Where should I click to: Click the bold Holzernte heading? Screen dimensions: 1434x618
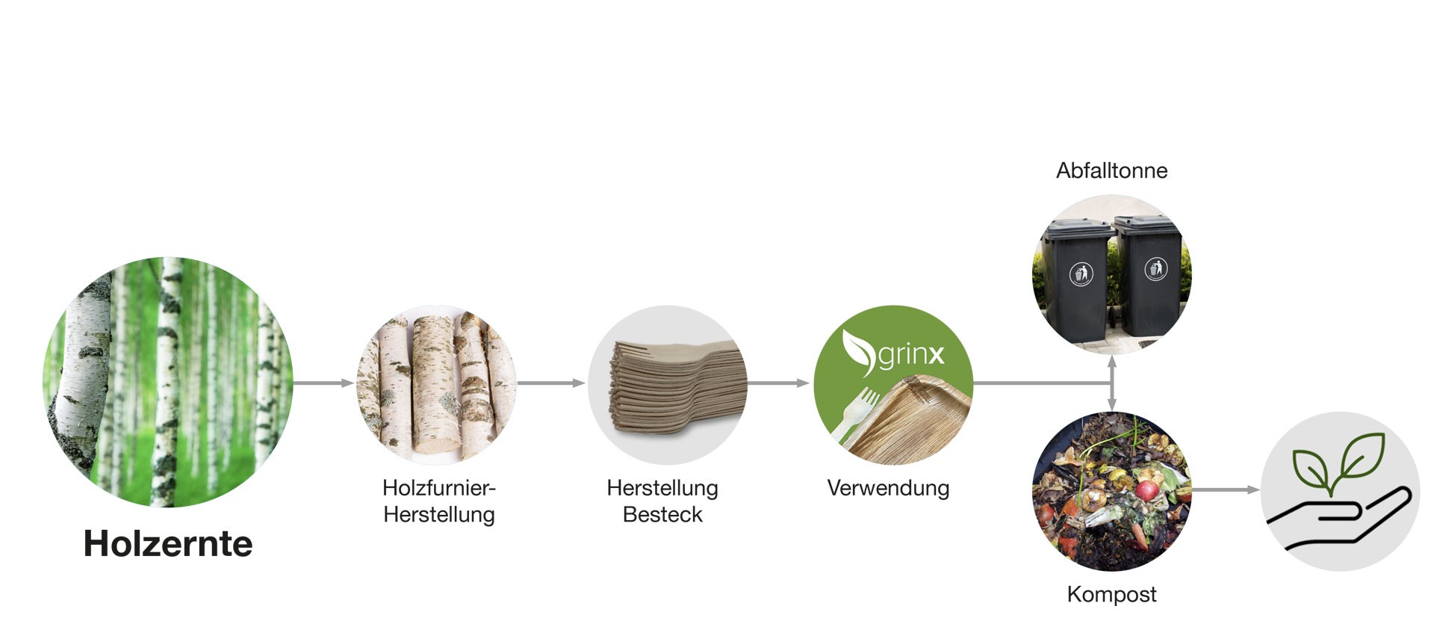[168, 543]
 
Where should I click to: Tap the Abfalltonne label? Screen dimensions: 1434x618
[1111, 170]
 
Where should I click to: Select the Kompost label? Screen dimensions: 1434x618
[1111, 595]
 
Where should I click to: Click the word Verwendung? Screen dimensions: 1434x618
[888, 489]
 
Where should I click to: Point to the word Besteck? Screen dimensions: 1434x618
[662, 515]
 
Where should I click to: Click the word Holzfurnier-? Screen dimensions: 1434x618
[439, 488]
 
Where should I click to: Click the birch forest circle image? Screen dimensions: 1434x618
[168, 382]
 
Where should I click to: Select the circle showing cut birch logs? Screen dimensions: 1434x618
[436, 384]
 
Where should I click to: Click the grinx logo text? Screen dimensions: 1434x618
[910, 355]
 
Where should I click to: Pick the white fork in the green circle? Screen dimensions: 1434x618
[857, 415]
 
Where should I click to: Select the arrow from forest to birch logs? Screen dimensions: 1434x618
[323, 383]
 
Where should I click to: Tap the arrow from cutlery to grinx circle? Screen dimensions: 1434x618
[778, 383]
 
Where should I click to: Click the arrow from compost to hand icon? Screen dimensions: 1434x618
[1226, 490]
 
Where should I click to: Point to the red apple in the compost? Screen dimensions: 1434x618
[1146, 489]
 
